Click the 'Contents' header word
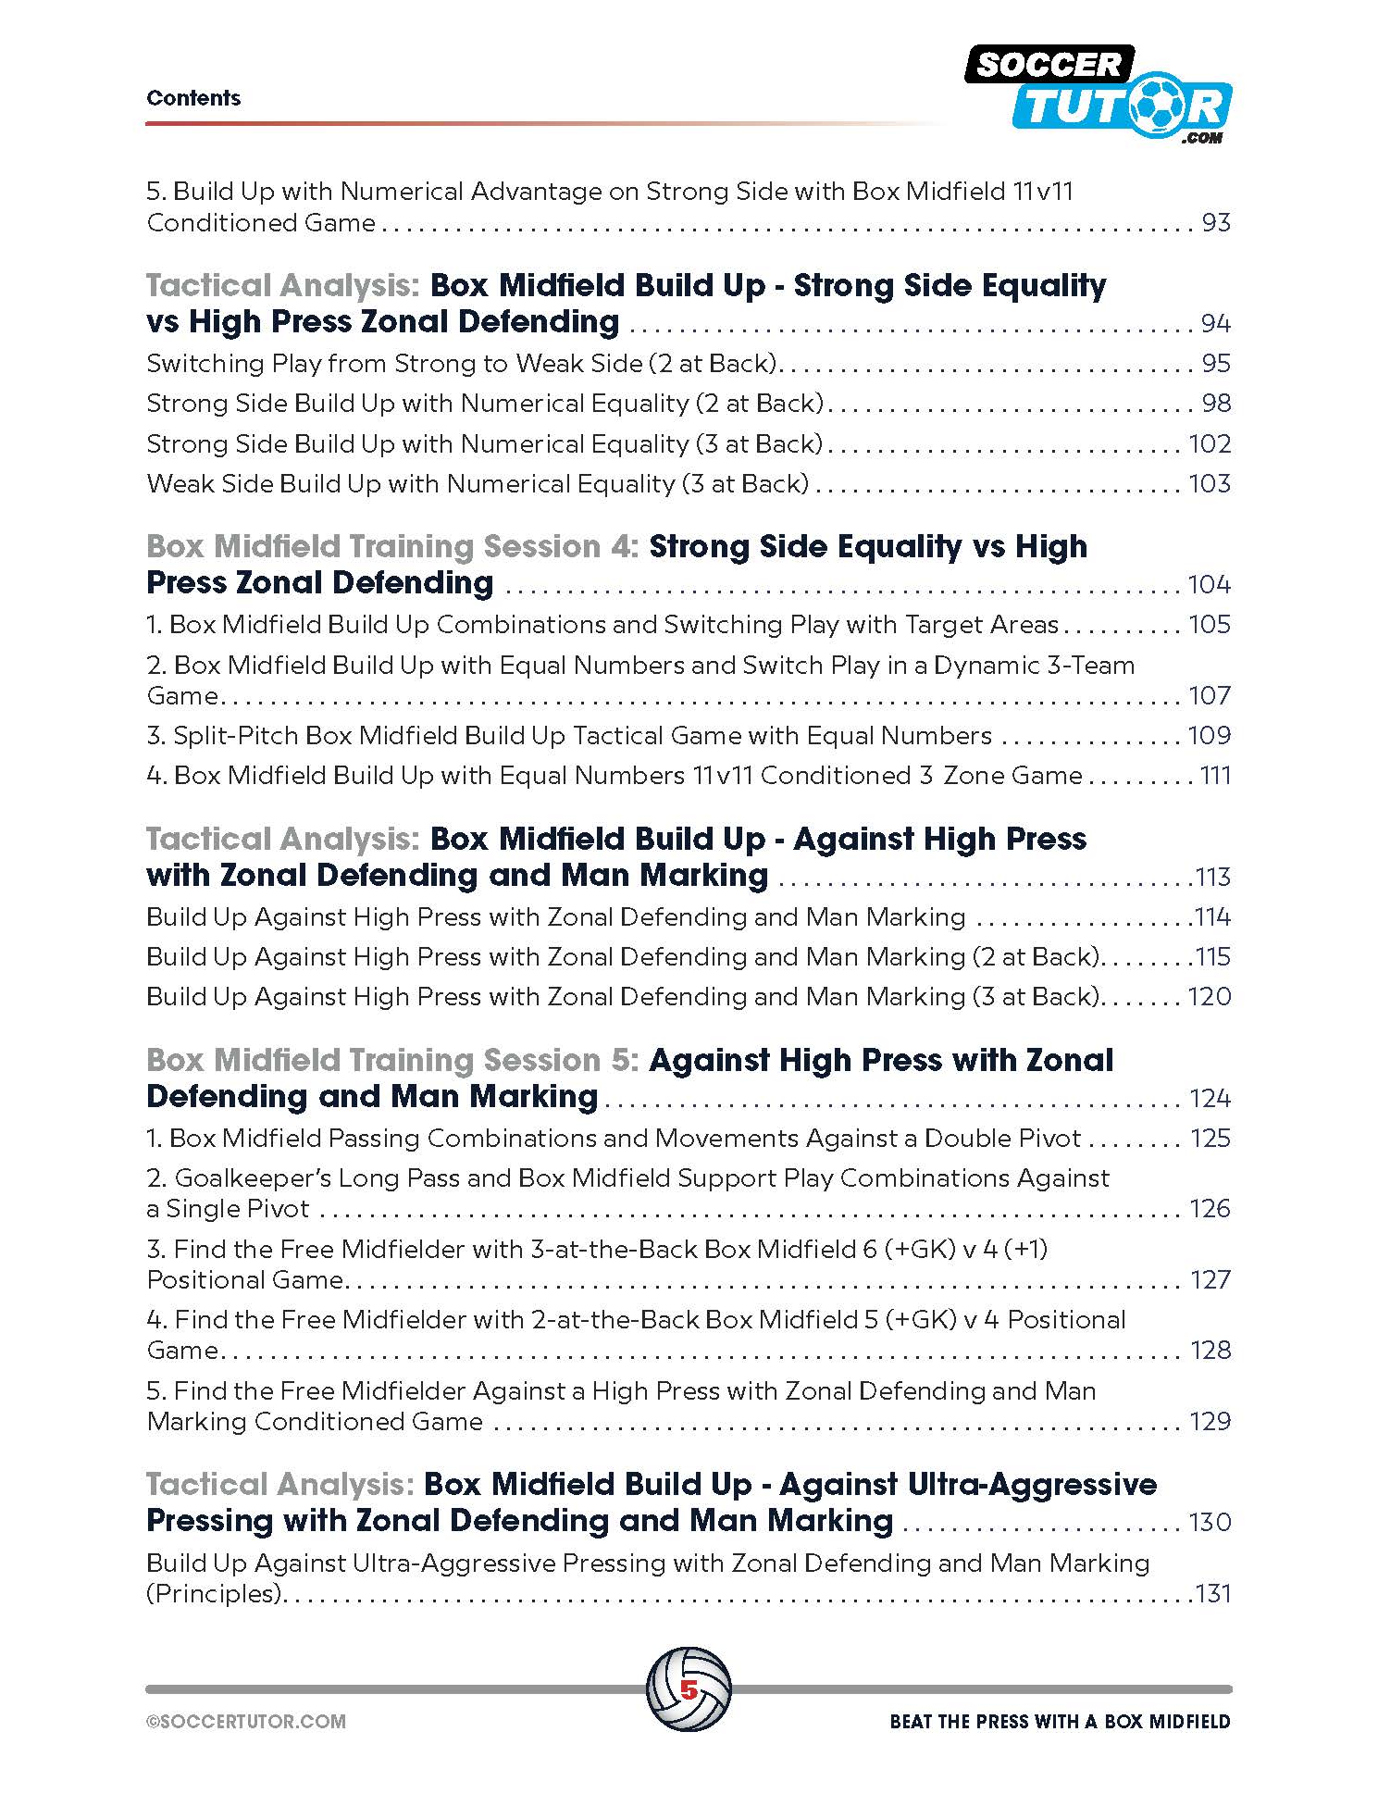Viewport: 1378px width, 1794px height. click(x=193, y=98)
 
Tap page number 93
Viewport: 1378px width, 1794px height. click(x=1215, y=223)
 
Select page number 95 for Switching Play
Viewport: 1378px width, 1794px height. click(x=1215, y=363)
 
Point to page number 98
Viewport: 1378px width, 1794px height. click(x=1215, y=403)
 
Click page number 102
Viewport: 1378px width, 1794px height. click(x=1210, y=443)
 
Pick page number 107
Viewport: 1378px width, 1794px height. click(x=1210, y=695)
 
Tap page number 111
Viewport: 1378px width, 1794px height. click(x=1215, y=775)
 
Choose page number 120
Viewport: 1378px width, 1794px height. click(x=1210, y=996)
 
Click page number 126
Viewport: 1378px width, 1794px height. click(x=1210, y=1208)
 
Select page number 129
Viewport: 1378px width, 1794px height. click(x=1210, y=1421)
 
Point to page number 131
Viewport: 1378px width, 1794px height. click(x=1213, y=1593)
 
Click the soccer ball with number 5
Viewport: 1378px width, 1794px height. click(x=689, y=1689)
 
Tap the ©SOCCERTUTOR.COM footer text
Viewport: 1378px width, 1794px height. click(x=246, y=1722)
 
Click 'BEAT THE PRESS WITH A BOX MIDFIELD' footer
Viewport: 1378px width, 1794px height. click(x=1060, y=1722)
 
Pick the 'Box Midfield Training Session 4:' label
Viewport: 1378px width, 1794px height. click(x=392, y=546)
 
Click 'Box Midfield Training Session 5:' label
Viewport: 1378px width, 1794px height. click(x=392, y=1060)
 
